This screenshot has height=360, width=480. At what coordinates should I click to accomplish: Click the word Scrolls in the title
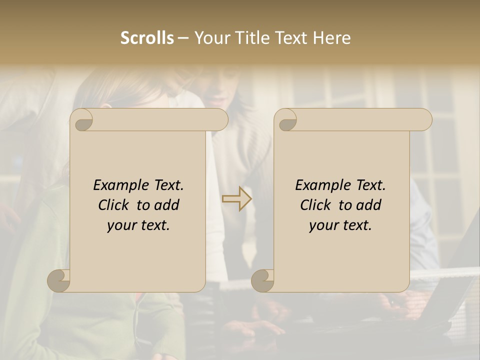pos(147,38)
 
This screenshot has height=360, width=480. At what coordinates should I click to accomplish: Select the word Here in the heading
pos(332,38)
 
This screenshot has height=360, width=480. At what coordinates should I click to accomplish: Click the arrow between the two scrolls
pos(237,199)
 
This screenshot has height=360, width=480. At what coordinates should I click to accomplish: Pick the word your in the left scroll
pos(121,225)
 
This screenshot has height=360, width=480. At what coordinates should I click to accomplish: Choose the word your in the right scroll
pos(323,225)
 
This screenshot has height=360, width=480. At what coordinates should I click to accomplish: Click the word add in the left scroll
pos(166,205)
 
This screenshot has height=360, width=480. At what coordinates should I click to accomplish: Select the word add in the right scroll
pos(368,205)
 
